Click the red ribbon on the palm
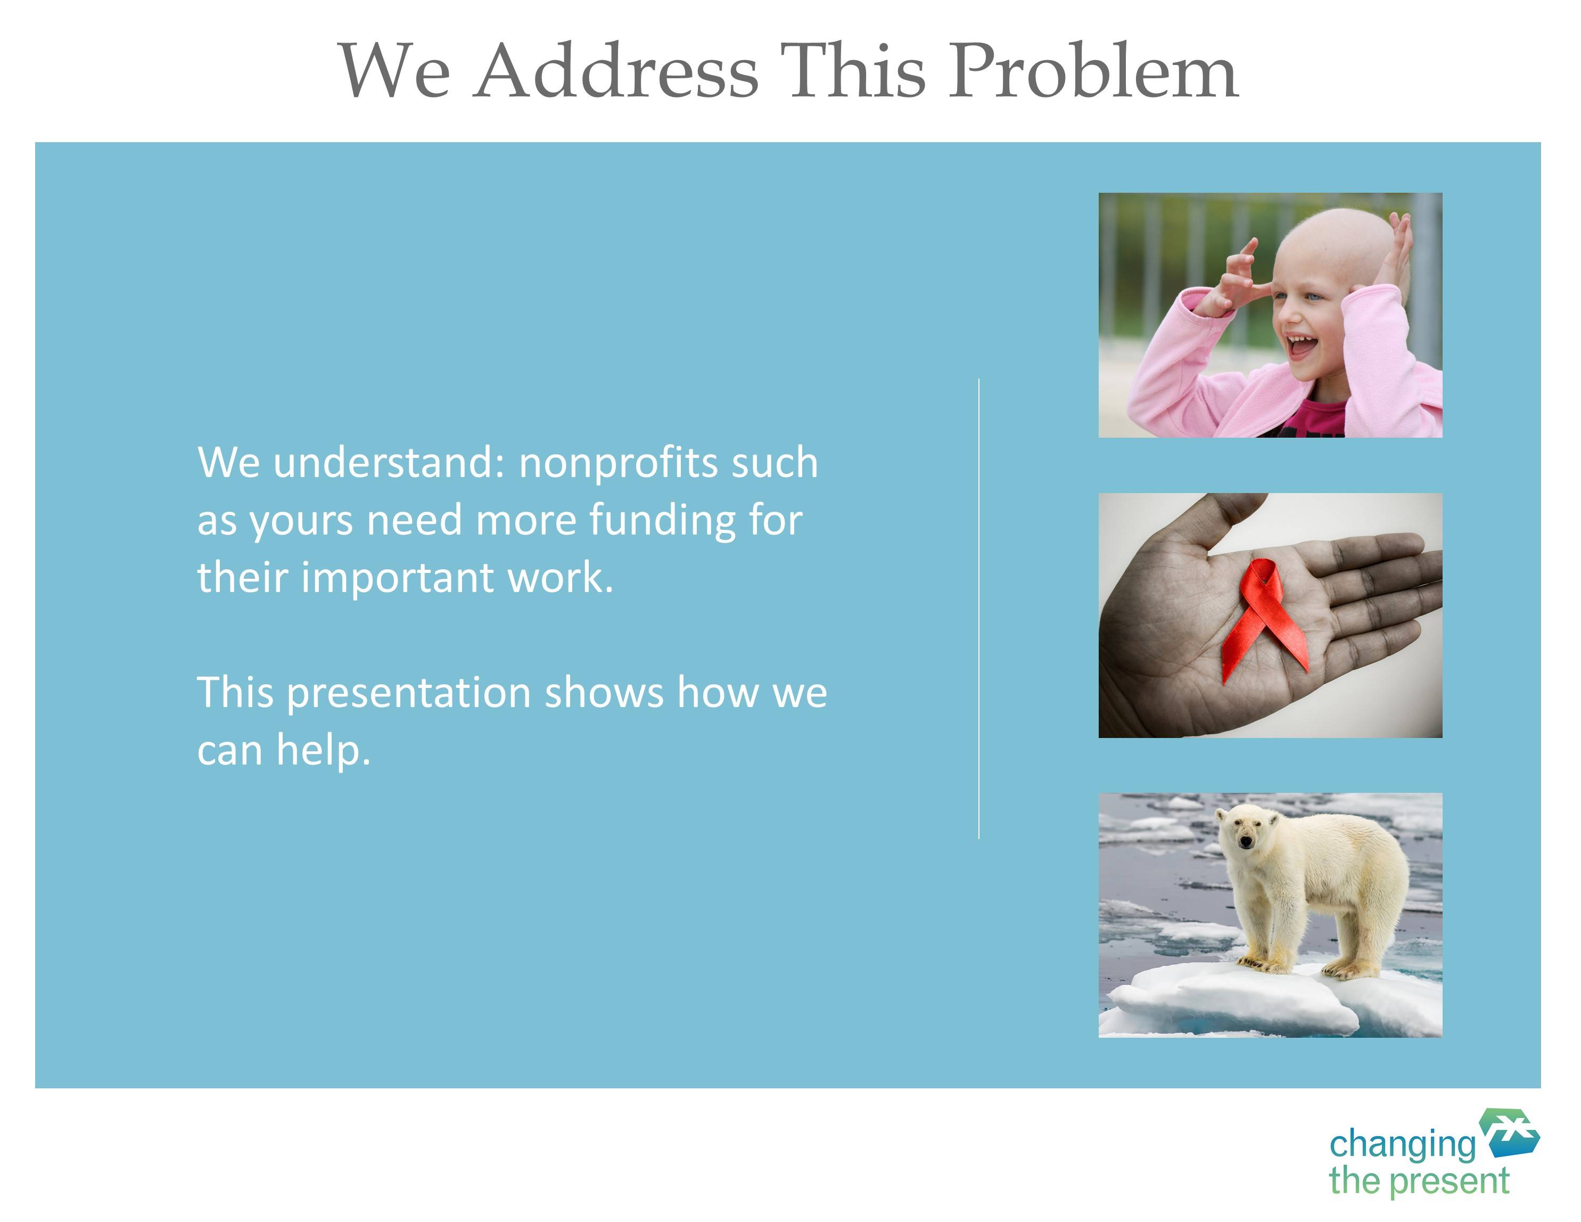[1265, 619]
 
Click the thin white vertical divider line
[979, 608]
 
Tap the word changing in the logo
[1402, 1145]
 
